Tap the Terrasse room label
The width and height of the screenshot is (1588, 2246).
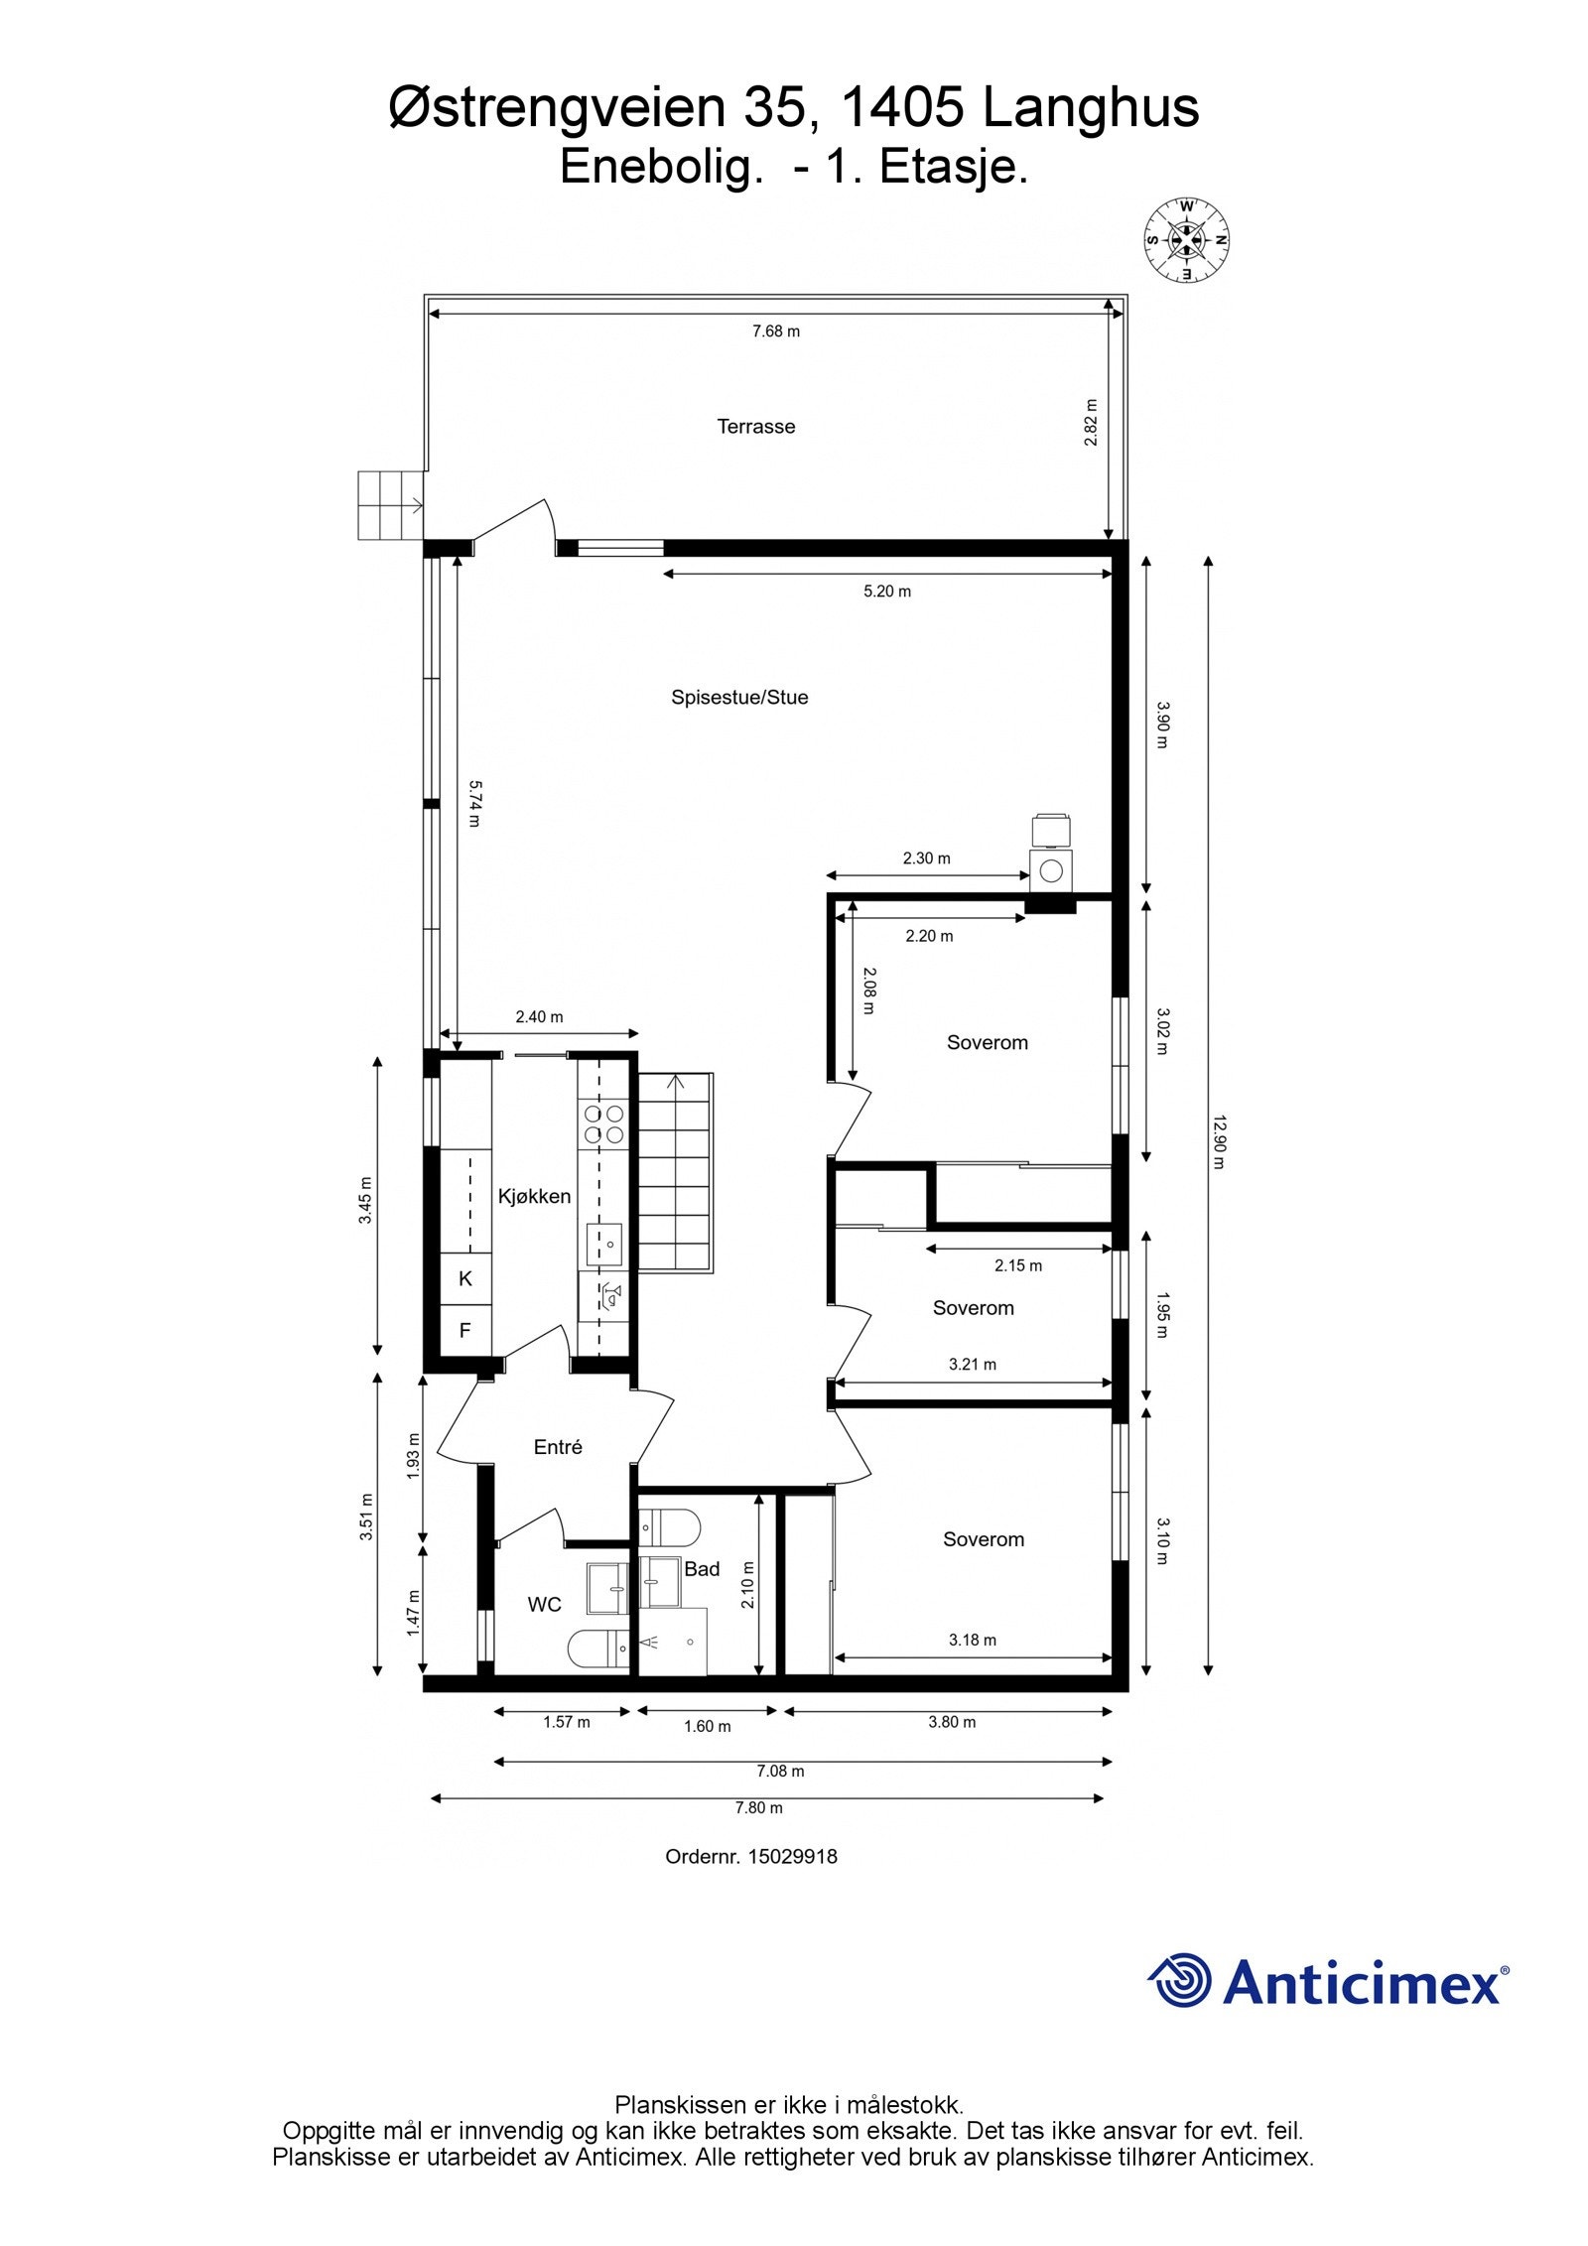756,427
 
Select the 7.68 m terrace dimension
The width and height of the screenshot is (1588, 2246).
776,331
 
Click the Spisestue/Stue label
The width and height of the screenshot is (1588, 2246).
739,697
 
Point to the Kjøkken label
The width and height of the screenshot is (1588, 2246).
534,1196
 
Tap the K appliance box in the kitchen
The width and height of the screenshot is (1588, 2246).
465,1278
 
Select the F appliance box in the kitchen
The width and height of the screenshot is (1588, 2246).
465,1330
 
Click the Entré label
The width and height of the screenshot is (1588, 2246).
558,1447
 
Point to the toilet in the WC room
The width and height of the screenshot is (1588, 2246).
598,1650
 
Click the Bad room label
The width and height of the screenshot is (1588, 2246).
702,1568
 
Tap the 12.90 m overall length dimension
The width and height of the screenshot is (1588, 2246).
1219,1142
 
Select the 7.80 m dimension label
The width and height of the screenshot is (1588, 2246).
759,1807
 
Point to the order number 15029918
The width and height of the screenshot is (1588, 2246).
792,1856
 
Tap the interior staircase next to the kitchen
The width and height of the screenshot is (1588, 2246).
675,1172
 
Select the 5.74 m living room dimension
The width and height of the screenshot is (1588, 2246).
475,803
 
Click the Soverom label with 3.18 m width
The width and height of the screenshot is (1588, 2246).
984,1539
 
